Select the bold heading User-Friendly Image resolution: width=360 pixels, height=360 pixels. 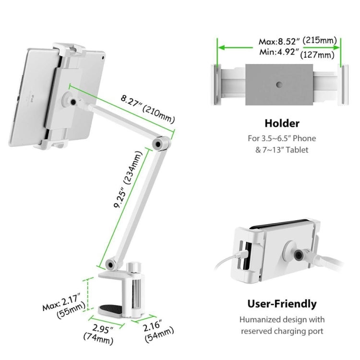pyautogui.click(x=282, y=303)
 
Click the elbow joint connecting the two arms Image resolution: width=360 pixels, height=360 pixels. pyautogui.click(x=159, y=142)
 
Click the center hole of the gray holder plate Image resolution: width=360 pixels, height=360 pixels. pyautogui.click(x=279, y=84)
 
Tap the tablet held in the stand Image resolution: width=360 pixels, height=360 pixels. pyautogui.click(x=34, y=96)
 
